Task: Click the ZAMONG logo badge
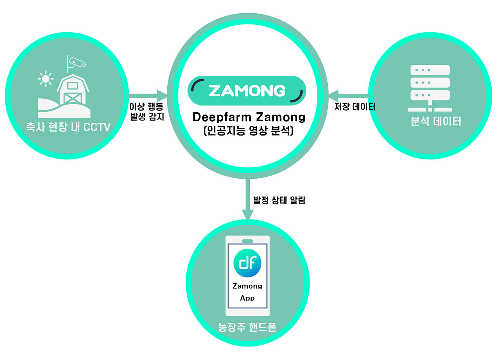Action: coord(247,90)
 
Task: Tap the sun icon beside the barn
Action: coord(46,79)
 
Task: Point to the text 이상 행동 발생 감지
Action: coord(146,111)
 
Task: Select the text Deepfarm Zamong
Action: coord(249,117)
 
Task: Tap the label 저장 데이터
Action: coord(355,106)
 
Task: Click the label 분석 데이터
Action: coord(436,122)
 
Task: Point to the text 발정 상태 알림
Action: coord(279,201)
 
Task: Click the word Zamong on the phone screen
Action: coord(247,286)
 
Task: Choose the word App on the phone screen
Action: coord(247,298)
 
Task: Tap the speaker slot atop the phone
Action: coord(247,241)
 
